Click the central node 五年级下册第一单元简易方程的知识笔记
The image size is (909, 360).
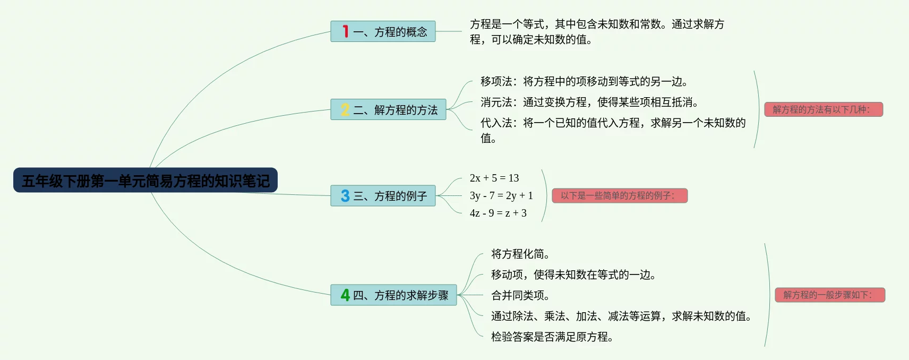pyautogui.click(x=145, y=180)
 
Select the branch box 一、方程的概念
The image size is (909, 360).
pyautogui.click(x=383, y=31)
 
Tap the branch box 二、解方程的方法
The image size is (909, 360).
pyautogui.click(x=388, y=109)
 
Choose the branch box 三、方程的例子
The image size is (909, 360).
pyautogui.click(x=383, y=195)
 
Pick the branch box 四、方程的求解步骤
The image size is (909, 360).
pyautogui.click(x=393, y=295)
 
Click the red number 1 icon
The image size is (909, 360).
pyautogui.click(x=345, y=31)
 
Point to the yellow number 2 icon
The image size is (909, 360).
pyautogui.click(x=345, y=109)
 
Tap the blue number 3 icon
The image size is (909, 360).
pyautogui.click(x=345, y=195)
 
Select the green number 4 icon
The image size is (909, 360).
pyautogui.click(x=345, y=295)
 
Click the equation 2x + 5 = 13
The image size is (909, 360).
pyautogui.click(x=494, y=178)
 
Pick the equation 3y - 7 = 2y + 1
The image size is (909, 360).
pyautogui.click(x=501, y=195)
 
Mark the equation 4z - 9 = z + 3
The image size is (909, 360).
pyautogui.click(x=498, y=213)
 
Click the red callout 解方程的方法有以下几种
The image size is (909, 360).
pyautogui.click(x=824, y=109)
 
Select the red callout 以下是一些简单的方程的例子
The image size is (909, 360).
pyautogui.click(x=620, y=195)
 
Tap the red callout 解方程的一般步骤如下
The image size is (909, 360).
pyautogui.click(x=830, y=295)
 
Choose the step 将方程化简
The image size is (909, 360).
pyautogui.click(x=520, y=254)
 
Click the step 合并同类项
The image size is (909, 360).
pyautogui.click(x=520, y=295)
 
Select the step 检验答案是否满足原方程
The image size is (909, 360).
pyautogui.click(x=552, y=337)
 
